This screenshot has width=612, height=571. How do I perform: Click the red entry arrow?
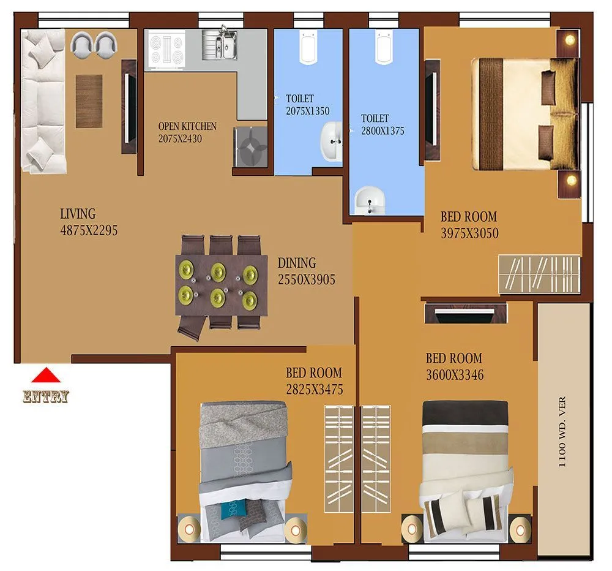pyautogui.click(x=46, y=375)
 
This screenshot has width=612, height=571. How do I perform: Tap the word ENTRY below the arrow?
pyautogui.click(x=46, y=397)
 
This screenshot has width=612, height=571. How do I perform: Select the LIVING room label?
pyautogui.click(x=78, y=214)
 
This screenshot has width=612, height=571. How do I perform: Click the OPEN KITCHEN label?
pyautogui.click(x=187, y=126)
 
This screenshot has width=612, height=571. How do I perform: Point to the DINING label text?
pyautogui.click(x=297, y=263)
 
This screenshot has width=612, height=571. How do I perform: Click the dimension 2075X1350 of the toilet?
pyautogui.click(x=307, y=112)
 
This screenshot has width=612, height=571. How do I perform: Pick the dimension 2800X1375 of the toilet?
pyautogui.click(x=382, y=131)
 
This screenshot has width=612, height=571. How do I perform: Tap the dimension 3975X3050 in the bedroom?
pyautogui.click(x=469, y=233)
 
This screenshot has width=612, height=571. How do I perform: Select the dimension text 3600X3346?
pyautogui.click(x=455, y=375)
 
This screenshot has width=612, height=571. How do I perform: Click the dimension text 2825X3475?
pyautogui.click(x=314, y=390)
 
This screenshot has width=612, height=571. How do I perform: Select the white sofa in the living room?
pyautogui.click(x=42, y=101)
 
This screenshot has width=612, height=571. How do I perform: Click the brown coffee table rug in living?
pyautogui.click(x=89, y=101)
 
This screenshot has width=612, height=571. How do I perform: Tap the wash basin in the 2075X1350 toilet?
pyautogui.click(x=332, y=141)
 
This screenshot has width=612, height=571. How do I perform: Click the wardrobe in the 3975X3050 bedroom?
pyautogui.click(x=539, y=274)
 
